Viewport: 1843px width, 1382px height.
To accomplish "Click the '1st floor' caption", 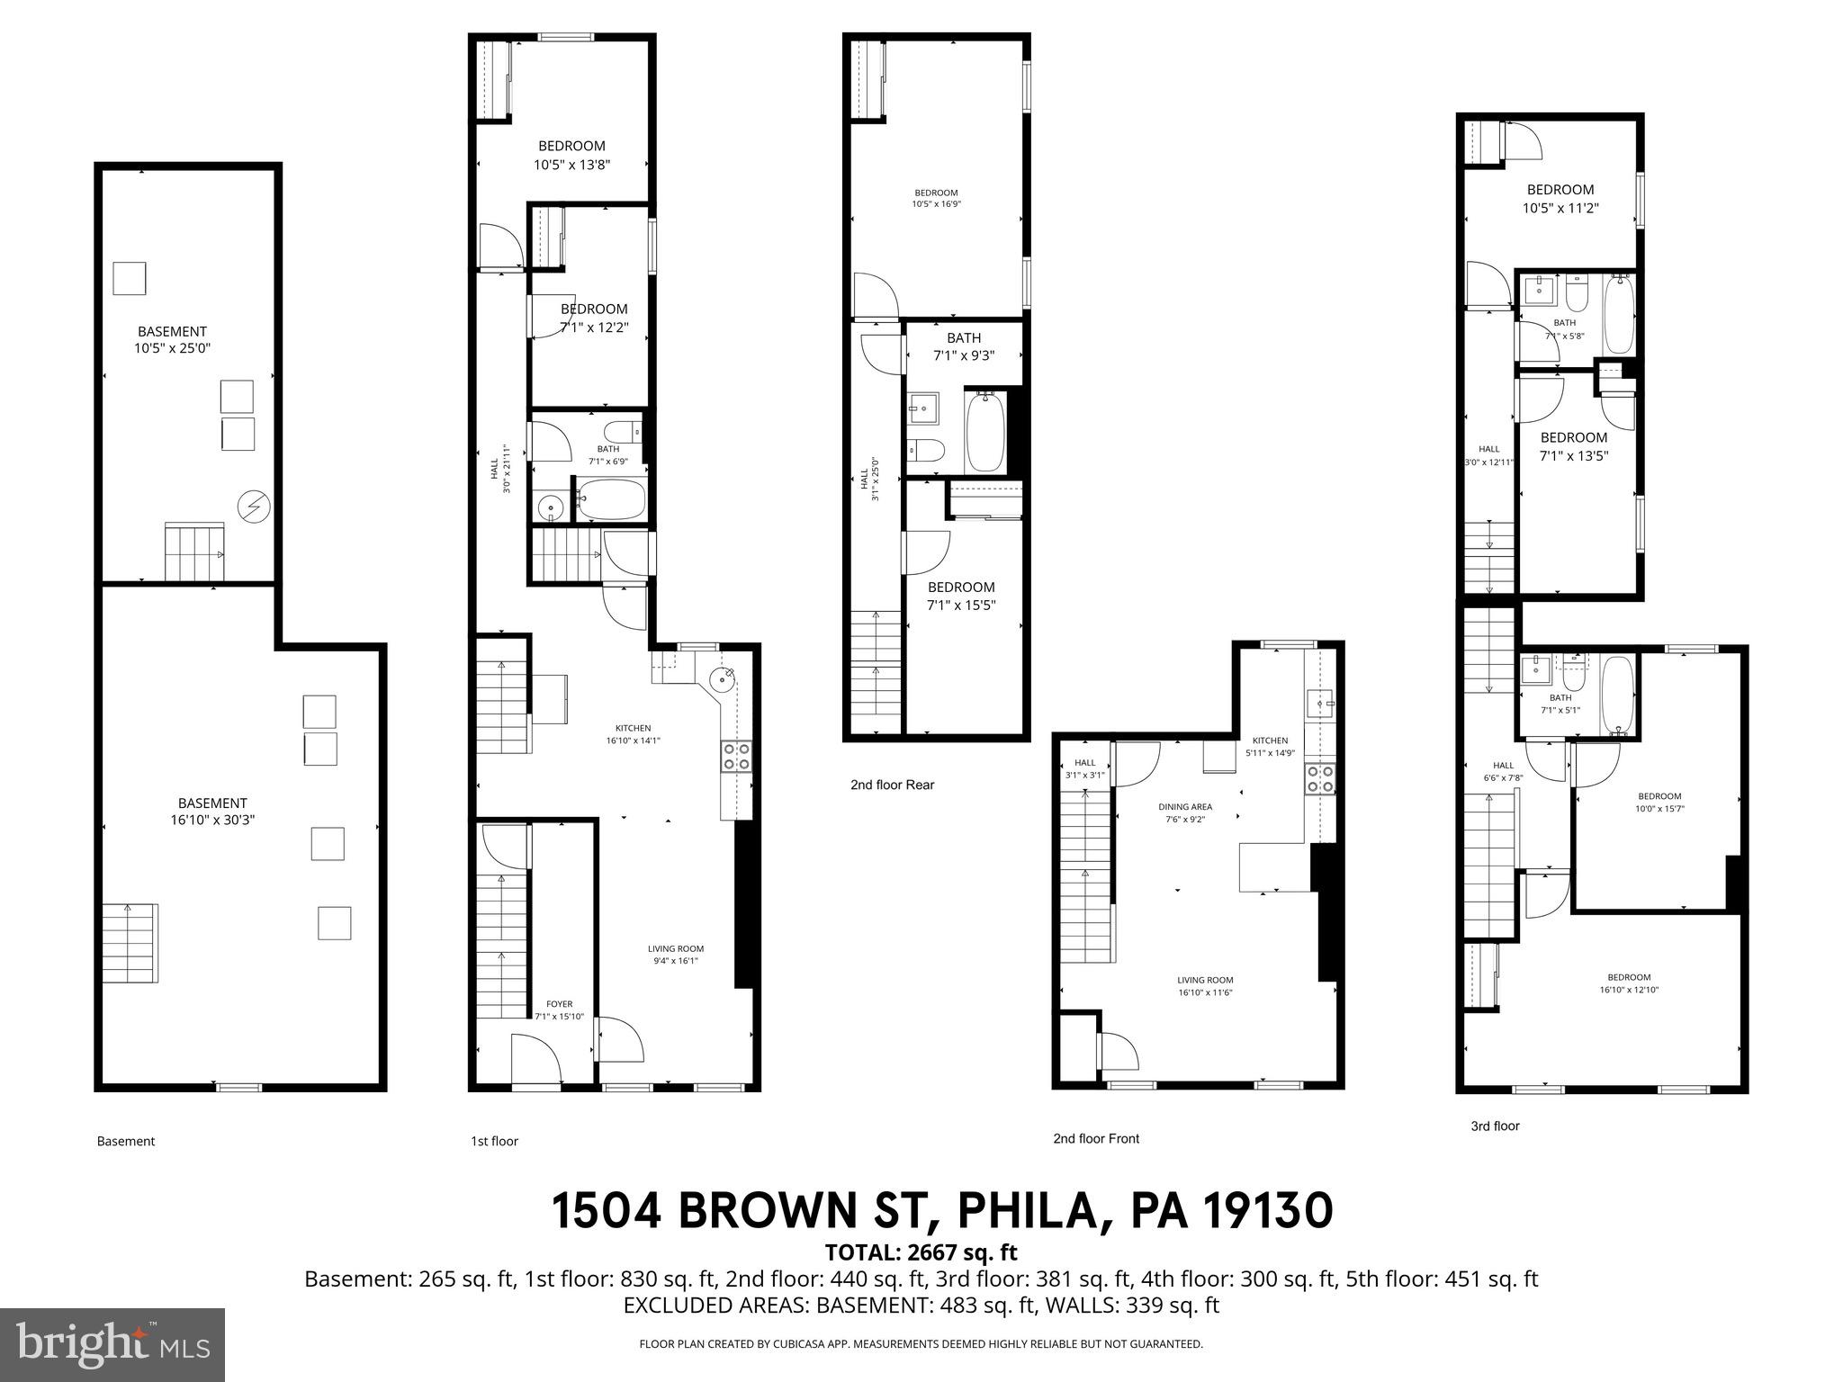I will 494,1141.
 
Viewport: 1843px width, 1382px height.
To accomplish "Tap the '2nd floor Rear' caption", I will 892,785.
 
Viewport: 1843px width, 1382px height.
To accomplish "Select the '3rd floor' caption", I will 1494,1126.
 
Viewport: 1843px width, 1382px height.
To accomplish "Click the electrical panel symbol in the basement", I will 253,507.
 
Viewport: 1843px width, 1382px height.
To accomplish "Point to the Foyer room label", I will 559,1004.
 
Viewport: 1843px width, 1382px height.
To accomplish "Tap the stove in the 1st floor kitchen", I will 735,756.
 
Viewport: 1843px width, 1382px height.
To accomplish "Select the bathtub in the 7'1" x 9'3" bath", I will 985,430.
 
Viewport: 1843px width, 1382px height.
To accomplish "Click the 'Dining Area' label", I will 1184,807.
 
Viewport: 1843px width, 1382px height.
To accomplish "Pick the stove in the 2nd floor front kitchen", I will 1319,778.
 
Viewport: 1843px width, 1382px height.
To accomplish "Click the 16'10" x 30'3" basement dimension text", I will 211,821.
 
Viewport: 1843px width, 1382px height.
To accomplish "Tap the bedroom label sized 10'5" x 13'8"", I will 571,155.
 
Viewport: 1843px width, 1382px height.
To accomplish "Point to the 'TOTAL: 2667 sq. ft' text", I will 921,1252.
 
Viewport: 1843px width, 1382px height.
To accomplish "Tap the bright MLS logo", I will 112,1343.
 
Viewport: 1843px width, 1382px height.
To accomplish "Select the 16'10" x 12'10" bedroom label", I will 1629,983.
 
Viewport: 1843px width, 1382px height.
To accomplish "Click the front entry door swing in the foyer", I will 536,1060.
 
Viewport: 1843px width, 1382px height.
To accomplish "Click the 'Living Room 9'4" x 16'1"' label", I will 676,954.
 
